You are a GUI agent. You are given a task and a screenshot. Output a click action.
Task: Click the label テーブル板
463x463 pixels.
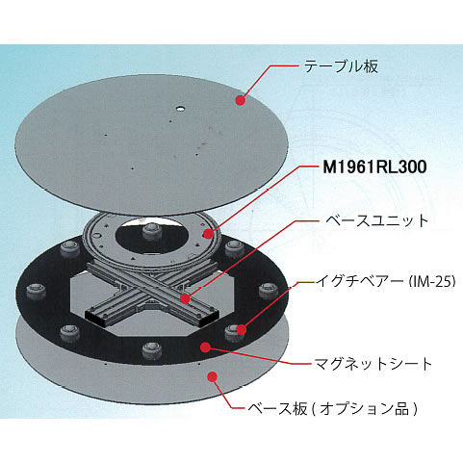(x=341, y=66)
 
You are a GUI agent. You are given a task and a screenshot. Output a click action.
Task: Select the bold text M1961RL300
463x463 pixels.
(x=374, y=167)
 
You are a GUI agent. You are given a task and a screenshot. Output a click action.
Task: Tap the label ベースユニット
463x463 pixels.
(x=377, y=220)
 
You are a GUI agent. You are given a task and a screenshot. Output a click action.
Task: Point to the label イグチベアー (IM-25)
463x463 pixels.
(x=386, y=281)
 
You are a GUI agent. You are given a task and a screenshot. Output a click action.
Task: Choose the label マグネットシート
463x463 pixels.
(x=373, y=364)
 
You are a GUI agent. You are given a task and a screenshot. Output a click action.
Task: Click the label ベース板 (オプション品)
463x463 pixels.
(x=333, y=409)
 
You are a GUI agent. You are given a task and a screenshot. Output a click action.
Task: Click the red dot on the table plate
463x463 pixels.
(x=241, y=100)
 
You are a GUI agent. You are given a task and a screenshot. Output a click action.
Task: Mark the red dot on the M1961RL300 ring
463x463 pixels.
(x=209, y=234)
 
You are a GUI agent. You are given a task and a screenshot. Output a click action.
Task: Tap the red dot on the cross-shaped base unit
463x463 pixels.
(x=185, y=298)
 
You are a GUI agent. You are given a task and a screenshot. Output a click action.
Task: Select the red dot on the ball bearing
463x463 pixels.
(x=242, y=329)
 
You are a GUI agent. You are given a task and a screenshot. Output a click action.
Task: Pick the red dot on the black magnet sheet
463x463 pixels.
(x=205, y=347)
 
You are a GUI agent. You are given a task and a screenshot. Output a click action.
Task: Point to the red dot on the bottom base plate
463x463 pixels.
(x=212, y=376)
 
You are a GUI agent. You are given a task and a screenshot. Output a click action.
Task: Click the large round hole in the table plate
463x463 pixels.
(x=180, y=109)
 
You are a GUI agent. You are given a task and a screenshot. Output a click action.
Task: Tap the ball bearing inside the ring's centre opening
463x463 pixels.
(x=152, y=231)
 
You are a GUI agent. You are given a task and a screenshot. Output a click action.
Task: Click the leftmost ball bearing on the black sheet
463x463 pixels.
(x=35, y=292)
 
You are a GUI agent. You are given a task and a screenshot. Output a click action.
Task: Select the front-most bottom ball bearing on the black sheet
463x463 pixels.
(x=151, y=350)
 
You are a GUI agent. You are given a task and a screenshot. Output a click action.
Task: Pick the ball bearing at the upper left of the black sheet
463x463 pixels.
(x=69, y=248)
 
